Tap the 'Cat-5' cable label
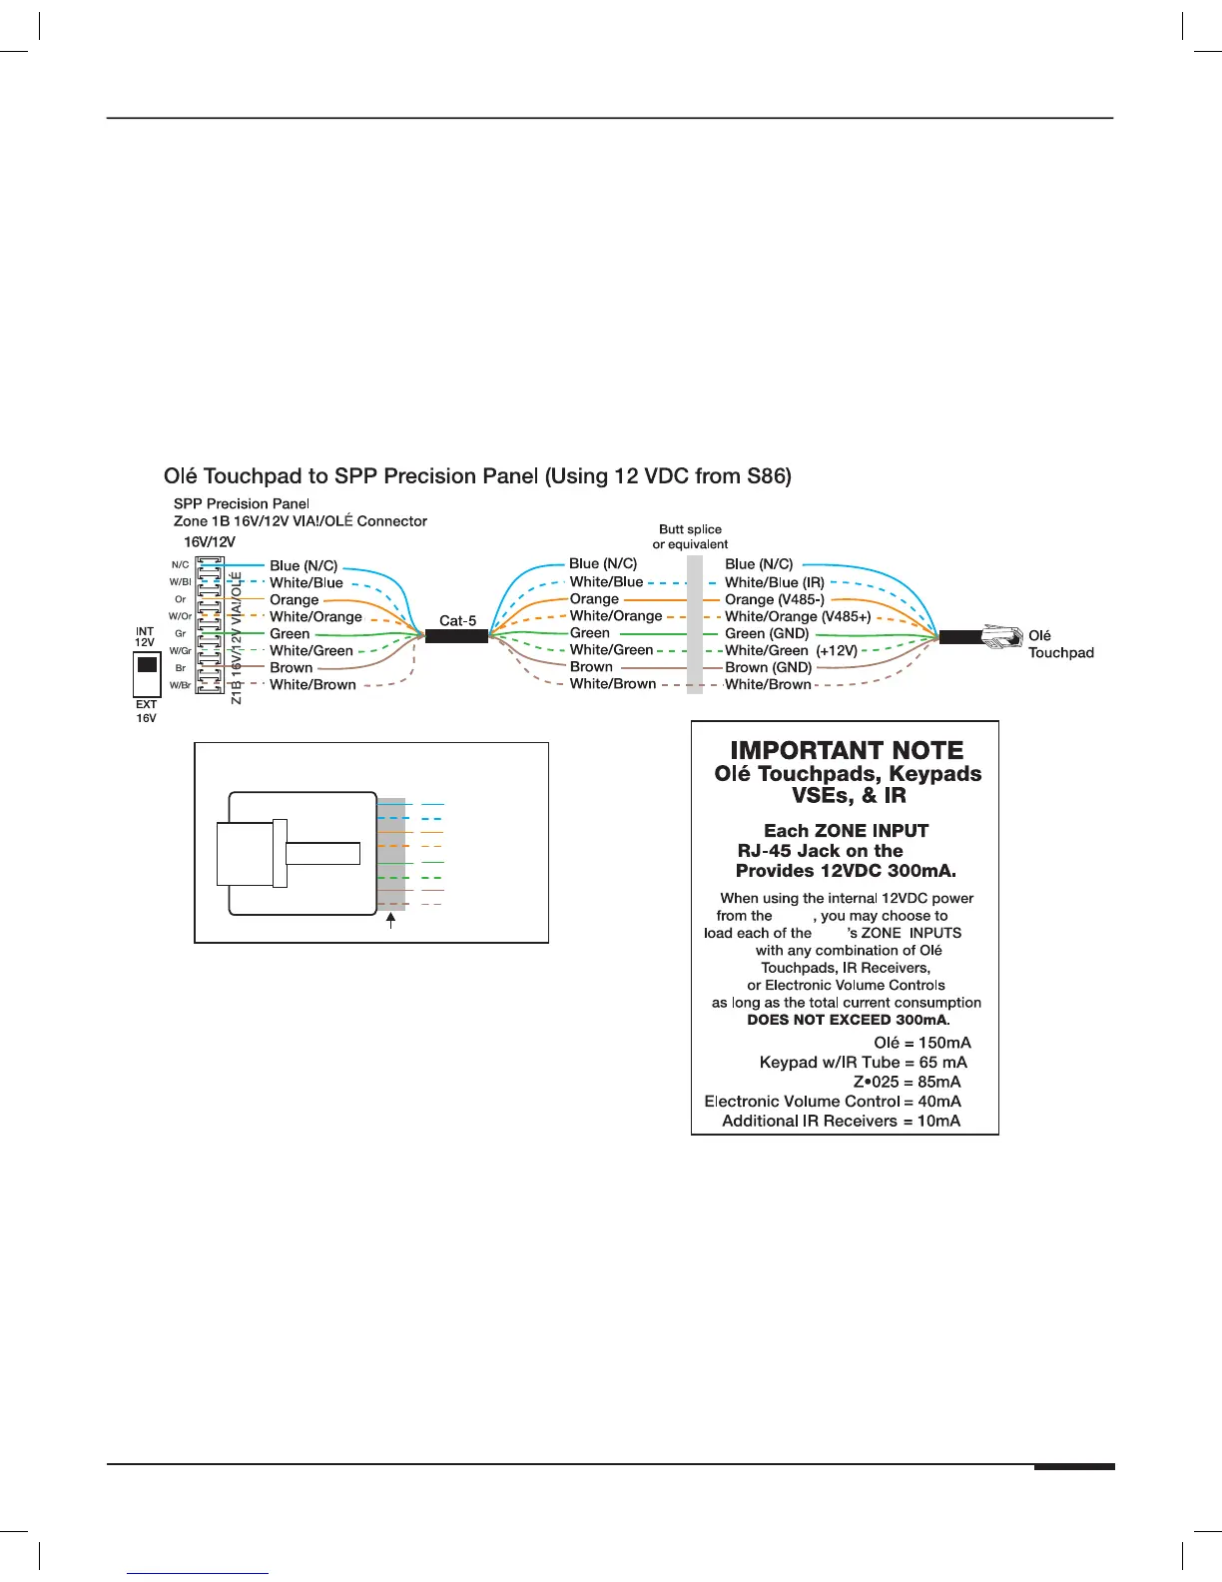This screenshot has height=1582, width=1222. [457, 620]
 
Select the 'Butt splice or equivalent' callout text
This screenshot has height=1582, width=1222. [690, 536]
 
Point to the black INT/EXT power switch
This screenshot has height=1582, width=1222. [147, 665]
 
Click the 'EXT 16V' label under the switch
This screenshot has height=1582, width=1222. [146, 711]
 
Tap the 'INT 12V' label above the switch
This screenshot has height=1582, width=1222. [145, 636]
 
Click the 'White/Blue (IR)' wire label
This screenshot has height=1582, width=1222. [774, 582]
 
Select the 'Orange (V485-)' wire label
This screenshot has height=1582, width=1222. [774, 599]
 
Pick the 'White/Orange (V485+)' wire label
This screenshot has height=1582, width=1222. [797, 616]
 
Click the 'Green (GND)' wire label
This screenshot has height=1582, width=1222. [766, 633]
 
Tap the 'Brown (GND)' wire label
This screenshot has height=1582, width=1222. [768, 667]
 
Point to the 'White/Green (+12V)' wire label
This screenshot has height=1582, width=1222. [791, 650]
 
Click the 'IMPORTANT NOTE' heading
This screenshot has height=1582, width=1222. [847, 750]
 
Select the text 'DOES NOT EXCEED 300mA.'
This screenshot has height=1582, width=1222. [849, 1020]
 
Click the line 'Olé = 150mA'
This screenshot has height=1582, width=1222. [921, 1043]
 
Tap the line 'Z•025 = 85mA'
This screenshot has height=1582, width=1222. [907, 1082]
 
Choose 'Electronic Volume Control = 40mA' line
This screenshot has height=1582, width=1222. [833, 1101]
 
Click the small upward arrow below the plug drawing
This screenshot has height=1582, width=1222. [390, 920]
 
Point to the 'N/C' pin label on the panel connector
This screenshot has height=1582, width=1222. [180, 565]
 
